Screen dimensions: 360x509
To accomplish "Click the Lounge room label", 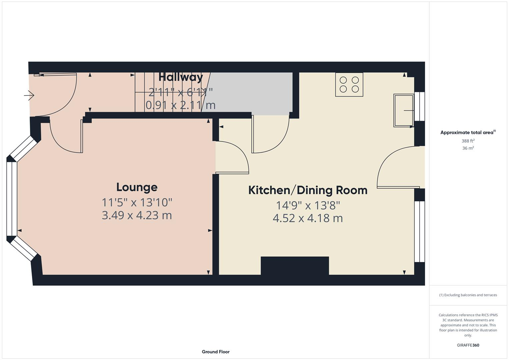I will point(137,187).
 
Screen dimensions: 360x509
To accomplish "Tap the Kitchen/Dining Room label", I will point(308,190).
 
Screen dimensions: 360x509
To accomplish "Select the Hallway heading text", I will point(181,77).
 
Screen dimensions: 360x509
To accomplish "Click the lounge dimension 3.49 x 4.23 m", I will point(137,215).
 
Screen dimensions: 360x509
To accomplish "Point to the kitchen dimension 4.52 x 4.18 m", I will point(308,218).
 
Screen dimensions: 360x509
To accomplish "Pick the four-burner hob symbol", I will point(349,85).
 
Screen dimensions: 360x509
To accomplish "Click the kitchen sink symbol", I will point(403,110).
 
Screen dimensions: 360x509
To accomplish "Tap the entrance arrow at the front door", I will point(29,96).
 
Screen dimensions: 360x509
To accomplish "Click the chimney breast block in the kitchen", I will point(295,266).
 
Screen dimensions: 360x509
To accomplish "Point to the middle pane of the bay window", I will point(12,199).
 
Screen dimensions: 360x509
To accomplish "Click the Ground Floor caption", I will point(216,352).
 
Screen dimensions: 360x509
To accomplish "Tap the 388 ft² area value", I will point(468,141).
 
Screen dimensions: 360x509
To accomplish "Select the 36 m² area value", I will point(468,148).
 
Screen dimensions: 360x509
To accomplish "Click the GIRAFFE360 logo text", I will point(468,345).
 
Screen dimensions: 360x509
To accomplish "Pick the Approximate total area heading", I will point(468,133).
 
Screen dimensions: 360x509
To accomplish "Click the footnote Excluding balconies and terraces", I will point(468,295).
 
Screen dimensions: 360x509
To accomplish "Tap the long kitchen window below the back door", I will point(420,231).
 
